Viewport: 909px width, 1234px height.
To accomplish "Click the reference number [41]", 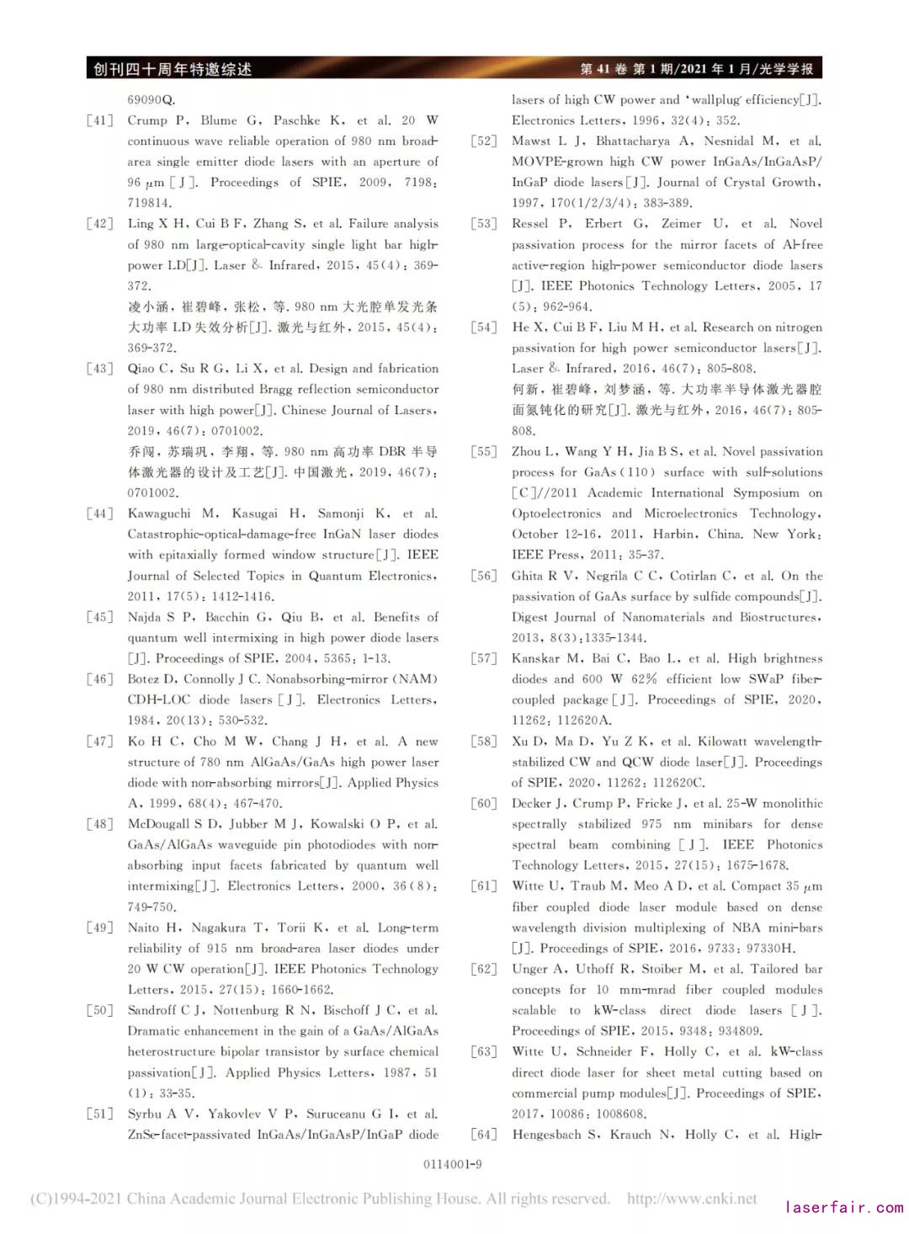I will click(x=99, y=120).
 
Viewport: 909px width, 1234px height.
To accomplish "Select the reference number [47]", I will click(x=99, y=742).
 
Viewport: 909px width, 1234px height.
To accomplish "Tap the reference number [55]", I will click(x=484, y=452).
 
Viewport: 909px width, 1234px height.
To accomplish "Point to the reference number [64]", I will click(x=484, y=1135).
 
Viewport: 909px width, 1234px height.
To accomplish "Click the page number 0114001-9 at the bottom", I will click(x=453, y=1164).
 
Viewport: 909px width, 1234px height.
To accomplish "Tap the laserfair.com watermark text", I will click(x=843, y=1207).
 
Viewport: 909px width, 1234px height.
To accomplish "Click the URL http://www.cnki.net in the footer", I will click(x=692, y=1199).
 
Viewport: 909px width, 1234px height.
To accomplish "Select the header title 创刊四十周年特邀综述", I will click(x=173, y=69).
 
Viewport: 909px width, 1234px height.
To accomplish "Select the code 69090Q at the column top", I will click(x=151, y=99).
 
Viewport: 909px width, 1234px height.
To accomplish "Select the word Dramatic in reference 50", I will click(x=154, y=1031).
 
